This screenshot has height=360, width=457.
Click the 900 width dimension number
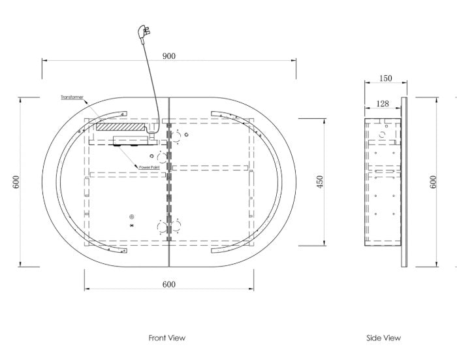(x=168, y=56)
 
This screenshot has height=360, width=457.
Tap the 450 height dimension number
(x=320, y=182)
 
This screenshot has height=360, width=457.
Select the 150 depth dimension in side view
(x=386, y=78)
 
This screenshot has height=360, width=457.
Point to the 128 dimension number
(x=383, y=104)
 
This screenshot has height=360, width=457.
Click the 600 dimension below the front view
(x=168, y=284)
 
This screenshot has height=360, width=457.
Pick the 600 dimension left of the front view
(x=16, y=182)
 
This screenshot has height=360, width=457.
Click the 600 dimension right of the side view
(x=433, y=182)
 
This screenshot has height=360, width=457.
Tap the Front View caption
(x=167, y=338)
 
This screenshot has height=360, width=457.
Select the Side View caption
(x=383, y=338)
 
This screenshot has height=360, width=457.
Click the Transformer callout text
(x=72, y=97)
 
